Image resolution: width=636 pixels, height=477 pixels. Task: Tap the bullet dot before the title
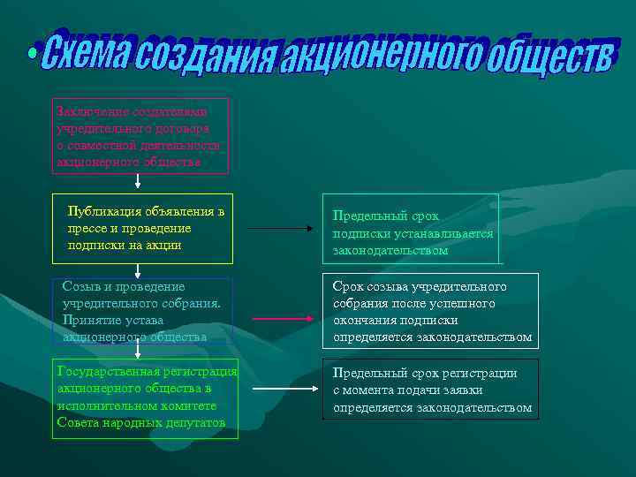click(33, 55)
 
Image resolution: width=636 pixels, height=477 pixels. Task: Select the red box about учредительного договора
click(141, 135)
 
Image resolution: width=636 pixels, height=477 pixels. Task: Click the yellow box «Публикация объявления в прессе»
click(142, 228)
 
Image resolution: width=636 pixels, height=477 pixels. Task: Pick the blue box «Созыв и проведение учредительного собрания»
click(142, 311)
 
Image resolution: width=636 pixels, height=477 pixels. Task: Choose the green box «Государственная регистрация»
click(146, 397)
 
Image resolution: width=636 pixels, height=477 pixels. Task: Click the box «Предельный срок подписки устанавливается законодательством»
click(412, 229)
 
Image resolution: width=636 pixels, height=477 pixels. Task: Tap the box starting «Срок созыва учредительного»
click(431, 311)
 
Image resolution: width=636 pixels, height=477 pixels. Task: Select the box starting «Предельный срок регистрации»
click(430, 390)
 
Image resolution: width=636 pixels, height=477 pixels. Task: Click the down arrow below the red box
click(138, 182)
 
